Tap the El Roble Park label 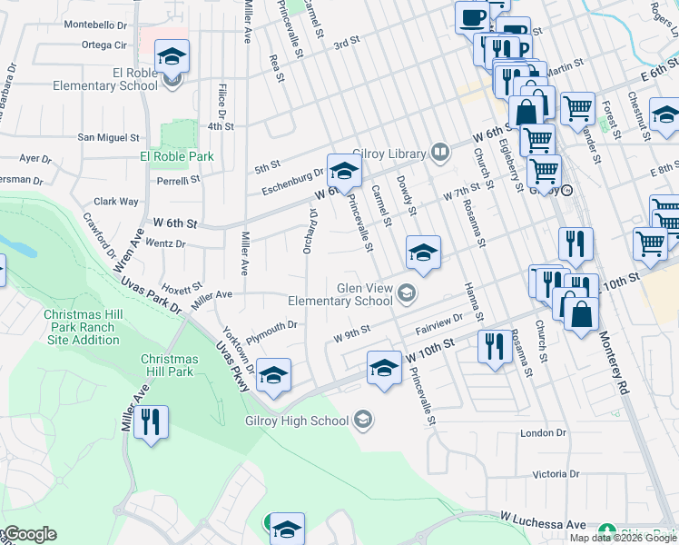pos(177,156)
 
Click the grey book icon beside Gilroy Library pos(440,152)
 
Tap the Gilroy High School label pos(297,421)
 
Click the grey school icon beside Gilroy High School pos(362,419)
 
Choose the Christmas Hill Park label pos(168,365)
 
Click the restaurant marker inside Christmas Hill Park pos(152,422)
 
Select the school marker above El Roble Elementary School pos(172,58)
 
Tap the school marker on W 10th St pos(384,369)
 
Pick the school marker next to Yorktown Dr pos(273,375)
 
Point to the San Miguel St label pos(108,138)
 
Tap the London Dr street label pos(544,433)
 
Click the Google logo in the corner pos(29,534)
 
